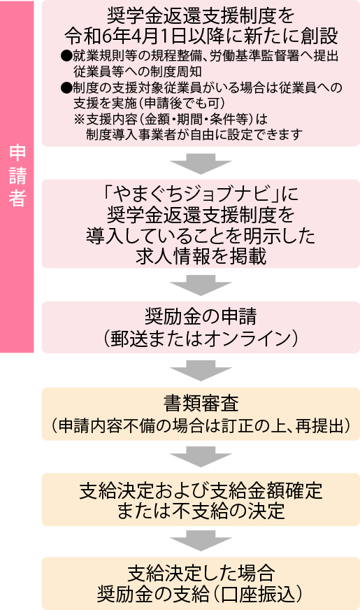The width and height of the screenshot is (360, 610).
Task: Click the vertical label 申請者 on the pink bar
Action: [x=17, y=176]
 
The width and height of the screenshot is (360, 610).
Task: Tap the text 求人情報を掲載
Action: [x=201, y=257]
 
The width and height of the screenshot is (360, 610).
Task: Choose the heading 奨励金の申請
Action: [x=201, y=317]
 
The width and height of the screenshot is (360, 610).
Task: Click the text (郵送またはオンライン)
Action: [x=201, y=338]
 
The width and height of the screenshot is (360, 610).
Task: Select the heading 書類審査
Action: [x=201, y=403]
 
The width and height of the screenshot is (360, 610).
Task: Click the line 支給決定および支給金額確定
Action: [x=201, y=490]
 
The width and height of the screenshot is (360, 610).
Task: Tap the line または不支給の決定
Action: [x=201, y=511]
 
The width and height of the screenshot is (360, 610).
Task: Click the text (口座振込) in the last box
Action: [x=256, y=595]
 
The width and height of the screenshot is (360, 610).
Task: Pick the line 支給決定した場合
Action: [x=201, y=574]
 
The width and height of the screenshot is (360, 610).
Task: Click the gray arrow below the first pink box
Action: [x=201, y=164]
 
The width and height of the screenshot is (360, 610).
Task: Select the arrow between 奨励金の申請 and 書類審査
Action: [x=201, y=370]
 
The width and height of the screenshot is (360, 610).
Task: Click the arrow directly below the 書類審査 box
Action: [x=201, y=457]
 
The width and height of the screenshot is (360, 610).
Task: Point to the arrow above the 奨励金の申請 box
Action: [x=201, y=285]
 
